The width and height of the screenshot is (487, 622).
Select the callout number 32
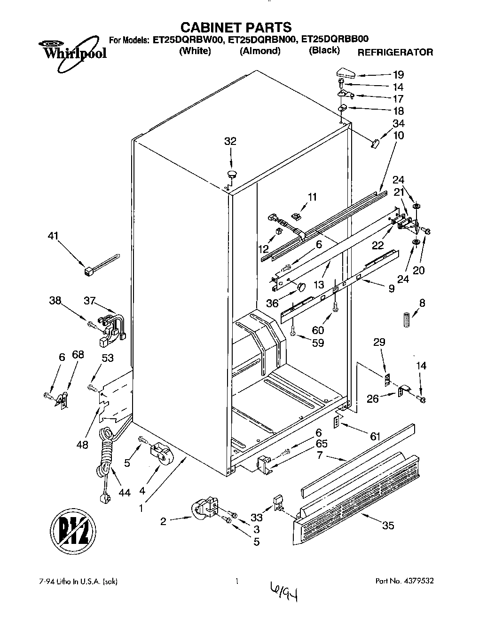pyautogui.click(x=230, y=141)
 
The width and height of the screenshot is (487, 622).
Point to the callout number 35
pyautogui.click(x=388, y=526)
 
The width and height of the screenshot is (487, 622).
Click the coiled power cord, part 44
pyautogui.click(x=106, y=459)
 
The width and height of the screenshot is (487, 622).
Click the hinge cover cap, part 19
pyautogui.click(x=346, y=73)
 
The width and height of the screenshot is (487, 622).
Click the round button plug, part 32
pyautogui.click(x=232, y=175)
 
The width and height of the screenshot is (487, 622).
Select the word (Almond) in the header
pyautogui.click(x=260, y=51)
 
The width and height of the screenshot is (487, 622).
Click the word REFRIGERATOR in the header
pyautogui.click(x=395, y=52)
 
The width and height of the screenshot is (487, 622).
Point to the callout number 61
pyautogui.click(x=375, y=437)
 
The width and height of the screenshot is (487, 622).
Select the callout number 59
pyautogui.click(x=318, y=343)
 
